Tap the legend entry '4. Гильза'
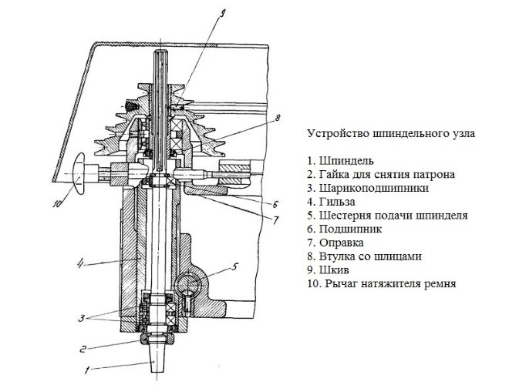coord(332,200)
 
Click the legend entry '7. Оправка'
coord(337,242)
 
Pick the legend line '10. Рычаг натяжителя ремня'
coord(376,283)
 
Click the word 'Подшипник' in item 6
coord(350,228)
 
